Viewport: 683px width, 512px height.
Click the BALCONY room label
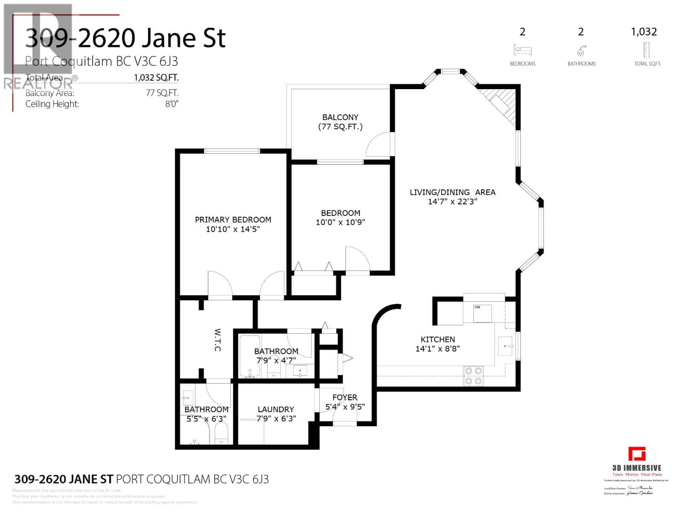coord(340,117)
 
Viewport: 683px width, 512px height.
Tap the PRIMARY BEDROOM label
coord(233,220)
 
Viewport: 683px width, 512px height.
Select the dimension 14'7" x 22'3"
coord(452,202)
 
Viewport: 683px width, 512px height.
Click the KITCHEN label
coord(438,339)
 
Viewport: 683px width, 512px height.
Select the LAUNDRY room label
coord(276,409)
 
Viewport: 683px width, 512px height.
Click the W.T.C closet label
coord(217,340)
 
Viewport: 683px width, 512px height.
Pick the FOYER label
coord(344,397)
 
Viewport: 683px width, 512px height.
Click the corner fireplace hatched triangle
coord(504,102)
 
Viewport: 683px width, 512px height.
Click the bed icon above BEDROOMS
coord(522,50)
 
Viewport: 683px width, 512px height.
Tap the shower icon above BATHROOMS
coord(581,51)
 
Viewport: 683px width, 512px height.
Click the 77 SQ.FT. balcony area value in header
coord(162,93)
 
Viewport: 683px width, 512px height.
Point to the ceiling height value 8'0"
coord(172,104)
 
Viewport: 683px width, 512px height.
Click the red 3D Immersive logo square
coord(637,454)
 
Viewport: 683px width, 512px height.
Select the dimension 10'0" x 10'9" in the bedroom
coord(340,222)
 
